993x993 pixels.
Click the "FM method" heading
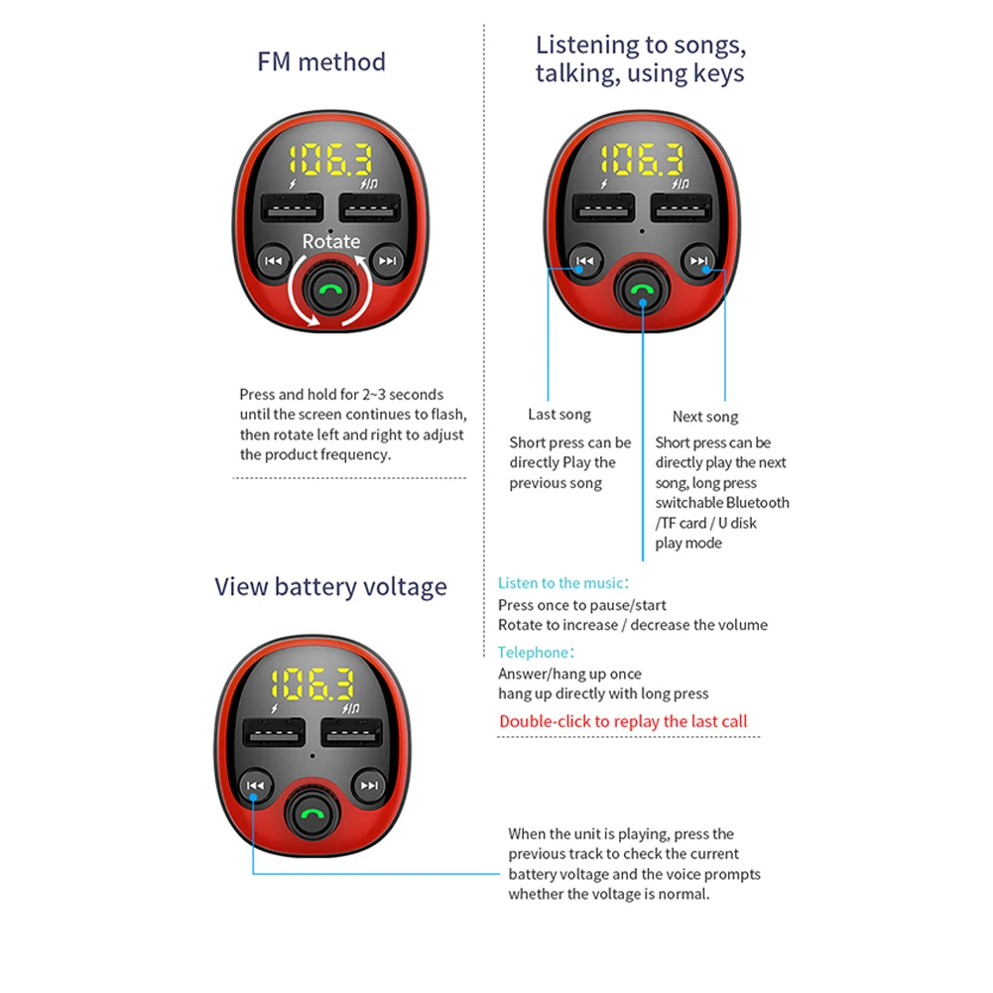coord(321,62)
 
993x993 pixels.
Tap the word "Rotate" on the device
coord(330,241)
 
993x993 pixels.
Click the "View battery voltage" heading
coord(330,587)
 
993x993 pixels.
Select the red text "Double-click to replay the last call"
coord(623,721)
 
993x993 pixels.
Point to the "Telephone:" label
coord(536,653)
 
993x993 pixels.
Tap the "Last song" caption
coord(559,415)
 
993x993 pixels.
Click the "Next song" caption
coord(705,417)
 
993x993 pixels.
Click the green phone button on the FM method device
coord(330,290)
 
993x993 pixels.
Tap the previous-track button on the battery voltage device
coord(255,786)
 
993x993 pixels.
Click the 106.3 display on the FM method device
coord(330,160)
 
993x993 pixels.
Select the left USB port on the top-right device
coord(603,208)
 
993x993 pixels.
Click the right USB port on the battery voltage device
coord(351,733)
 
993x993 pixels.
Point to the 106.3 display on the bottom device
coord(312,684)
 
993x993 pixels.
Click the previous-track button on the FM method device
coord(274,261)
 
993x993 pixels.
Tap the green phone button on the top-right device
coord(642,290)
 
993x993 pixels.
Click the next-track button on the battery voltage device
coord(369,786)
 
